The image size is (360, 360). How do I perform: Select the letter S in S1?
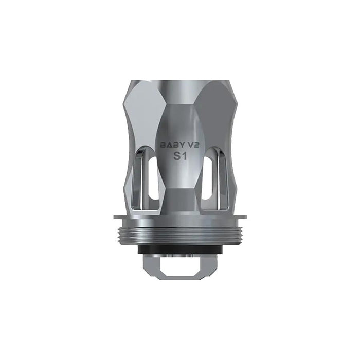[176, 156]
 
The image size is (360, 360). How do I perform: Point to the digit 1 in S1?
[185, 156]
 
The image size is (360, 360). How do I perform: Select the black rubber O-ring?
[180, 249]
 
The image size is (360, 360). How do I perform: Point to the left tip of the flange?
[114, 217]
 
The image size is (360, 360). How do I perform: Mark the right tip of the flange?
[246, 217]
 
